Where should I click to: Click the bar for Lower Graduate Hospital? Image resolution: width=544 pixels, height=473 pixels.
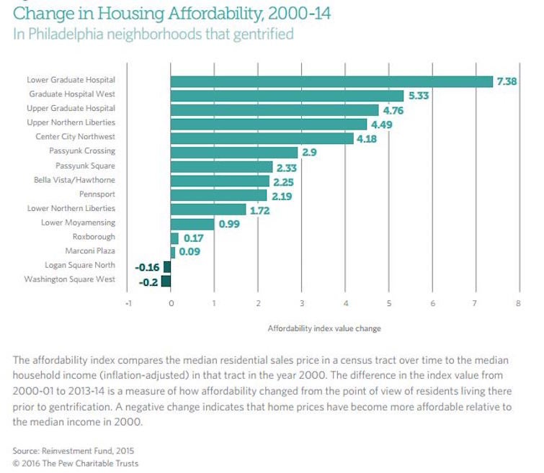point(331,81)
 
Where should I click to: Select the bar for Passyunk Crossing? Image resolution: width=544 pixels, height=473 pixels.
point(234,152)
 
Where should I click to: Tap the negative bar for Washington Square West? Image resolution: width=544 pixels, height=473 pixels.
point(166,280)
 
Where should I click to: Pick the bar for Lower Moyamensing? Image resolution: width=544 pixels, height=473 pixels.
point(192,223)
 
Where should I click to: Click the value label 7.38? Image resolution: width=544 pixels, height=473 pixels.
point(507,81)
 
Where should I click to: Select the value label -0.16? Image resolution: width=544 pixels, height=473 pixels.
point(147,266)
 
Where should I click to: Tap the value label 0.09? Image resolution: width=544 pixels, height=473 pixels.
point(189,252)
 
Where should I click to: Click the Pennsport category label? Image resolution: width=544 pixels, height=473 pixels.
point(97,194)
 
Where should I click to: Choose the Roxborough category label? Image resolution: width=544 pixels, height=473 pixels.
point(94,237)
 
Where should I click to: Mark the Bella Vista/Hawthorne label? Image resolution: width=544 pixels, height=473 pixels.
point(74,180)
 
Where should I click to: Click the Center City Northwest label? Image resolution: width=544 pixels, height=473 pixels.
point(75,137)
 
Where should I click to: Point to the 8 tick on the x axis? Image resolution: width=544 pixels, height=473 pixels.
point(518,303)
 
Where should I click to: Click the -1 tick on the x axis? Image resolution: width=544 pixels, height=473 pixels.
point(128,303)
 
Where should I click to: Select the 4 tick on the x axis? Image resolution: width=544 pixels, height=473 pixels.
point(345,303)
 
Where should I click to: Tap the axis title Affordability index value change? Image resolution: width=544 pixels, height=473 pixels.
point(324,328)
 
